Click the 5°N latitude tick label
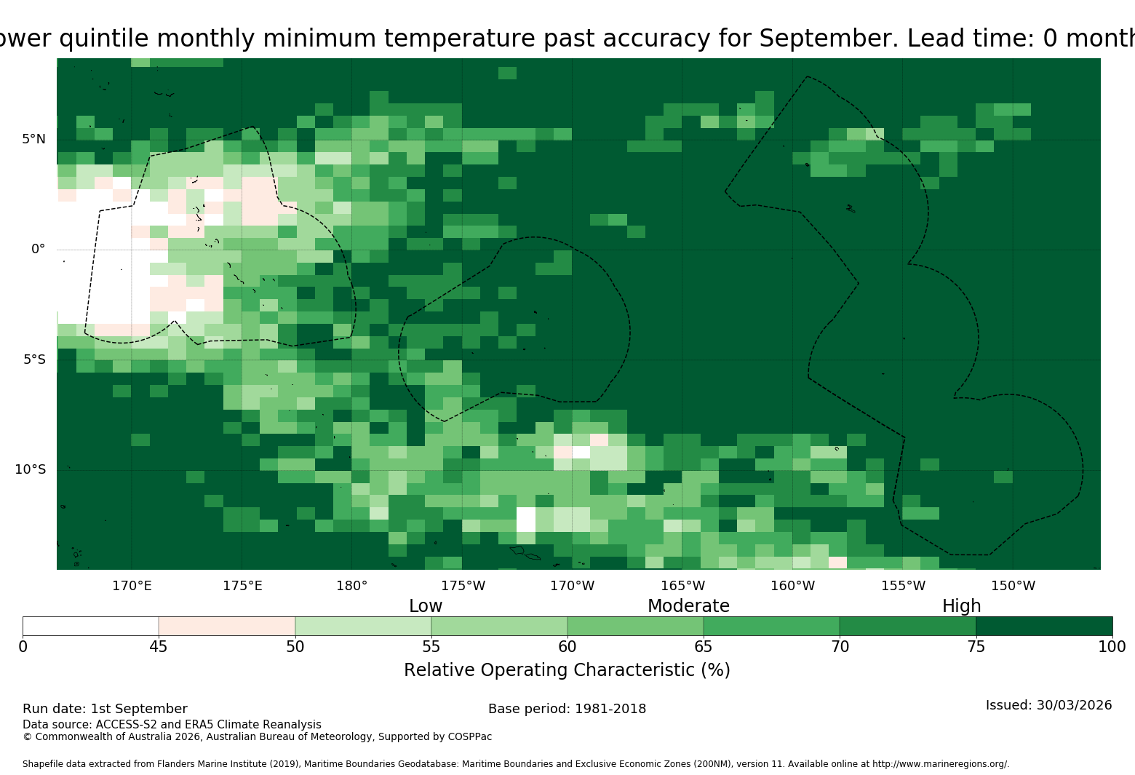(33, 139)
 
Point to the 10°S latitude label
(30, 469)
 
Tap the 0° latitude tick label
(38, 249)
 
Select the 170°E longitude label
(132, 586)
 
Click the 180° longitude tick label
(351, 586)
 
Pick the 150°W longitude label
(1013, 586)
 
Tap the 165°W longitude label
(682, 586)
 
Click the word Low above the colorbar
(426, 606)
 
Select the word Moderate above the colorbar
(688, 606)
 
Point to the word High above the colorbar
(962, 606)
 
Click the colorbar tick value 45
(159, 647)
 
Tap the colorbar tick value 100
(1112, 647)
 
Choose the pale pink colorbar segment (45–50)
(227, 626)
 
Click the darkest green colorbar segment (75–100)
(1044, 626)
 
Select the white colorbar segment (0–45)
(91, 626)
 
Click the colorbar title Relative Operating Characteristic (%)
(567, 670)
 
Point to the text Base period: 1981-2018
(567, 709)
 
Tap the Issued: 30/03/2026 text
(1049, 705)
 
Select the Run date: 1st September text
(105, 709)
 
